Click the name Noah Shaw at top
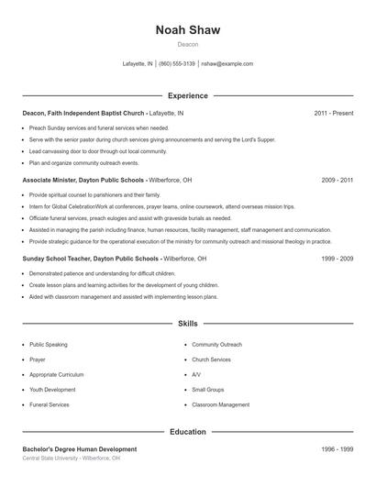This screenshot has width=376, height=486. [x=187, y=29]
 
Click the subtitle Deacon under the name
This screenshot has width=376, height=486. [x=187, y=44]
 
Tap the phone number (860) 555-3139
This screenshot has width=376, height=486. [x=177, y=64]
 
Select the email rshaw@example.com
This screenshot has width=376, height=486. [x=227, y=64]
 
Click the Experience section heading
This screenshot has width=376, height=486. [x=187, y=95]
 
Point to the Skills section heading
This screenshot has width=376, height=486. [x=187, y=324]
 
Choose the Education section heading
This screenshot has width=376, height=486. [x=187, y=431]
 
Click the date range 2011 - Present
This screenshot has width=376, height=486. [x=333, y=113]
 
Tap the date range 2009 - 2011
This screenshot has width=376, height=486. [x=337, y=181]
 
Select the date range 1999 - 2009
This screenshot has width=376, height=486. [x=337, y=259]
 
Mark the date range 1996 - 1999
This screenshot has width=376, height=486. [x=337, y=449]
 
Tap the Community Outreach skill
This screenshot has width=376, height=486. [x=216, y=345]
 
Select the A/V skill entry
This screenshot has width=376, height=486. [x=196, y=374]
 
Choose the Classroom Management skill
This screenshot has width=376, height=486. [x=220, y=404]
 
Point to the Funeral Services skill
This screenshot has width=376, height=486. [x=49, y=404]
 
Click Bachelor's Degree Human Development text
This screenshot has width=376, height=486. [x=80, y=449]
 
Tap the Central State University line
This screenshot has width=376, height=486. [x=72, y=458]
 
